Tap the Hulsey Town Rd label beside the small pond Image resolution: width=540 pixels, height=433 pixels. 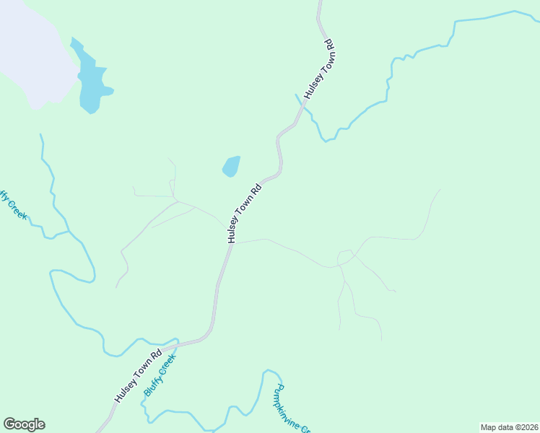point(243,214)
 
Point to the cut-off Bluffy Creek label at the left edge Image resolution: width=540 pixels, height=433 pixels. point(12,204)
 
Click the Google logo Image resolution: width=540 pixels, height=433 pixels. point(24,424)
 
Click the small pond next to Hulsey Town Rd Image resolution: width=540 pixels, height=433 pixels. point(231,166)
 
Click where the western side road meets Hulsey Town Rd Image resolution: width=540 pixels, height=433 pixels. point(225,225)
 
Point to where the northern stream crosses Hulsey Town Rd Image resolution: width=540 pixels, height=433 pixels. point(302,106)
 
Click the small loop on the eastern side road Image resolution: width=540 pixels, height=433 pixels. point(344,257)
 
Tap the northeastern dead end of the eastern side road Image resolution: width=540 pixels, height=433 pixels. point(440,190)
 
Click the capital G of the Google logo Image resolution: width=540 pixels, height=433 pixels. point(9,424)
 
